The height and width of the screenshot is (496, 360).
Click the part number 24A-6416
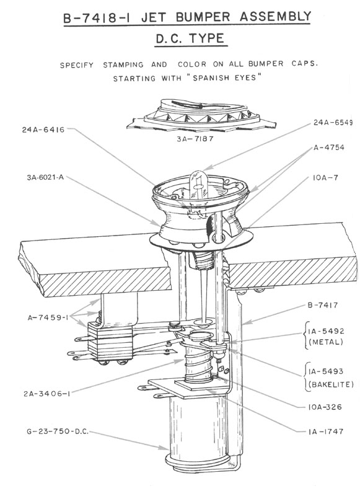coord(43,130)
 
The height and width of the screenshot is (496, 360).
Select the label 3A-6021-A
coord(45,177)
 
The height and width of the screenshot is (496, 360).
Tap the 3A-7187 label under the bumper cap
coord(195,138)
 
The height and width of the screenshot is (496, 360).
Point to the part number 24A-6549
coord(333,122)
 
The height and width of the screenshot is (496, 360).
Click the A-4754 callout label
coord(329,147)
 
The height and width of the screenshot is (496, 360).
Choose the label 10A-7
coord(325,178)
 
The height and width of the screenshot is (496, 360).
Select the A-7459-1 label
coord(48,317)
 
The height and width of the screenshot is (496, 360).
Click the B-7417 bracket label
coord(323,305)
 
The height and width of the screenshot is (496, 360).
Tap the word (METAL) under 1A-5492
coord(325,342)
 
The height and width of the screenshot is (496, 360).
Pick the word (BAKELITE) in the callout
coord(331,384)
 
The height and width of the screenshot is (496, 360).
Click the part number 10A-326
coord(325,407)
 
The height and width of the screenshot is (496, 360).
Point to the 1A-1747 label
coord(325,431)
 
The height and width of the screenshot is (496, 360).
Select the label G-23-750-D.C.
coord(58,432)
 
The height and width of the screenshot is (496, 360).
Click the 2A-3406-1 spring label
coord(46,394)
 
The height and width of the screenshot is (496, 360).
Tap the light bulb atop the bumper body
coord(198,185)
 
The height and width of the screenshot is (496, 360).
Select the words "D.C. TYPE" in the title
coord(191,38)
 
